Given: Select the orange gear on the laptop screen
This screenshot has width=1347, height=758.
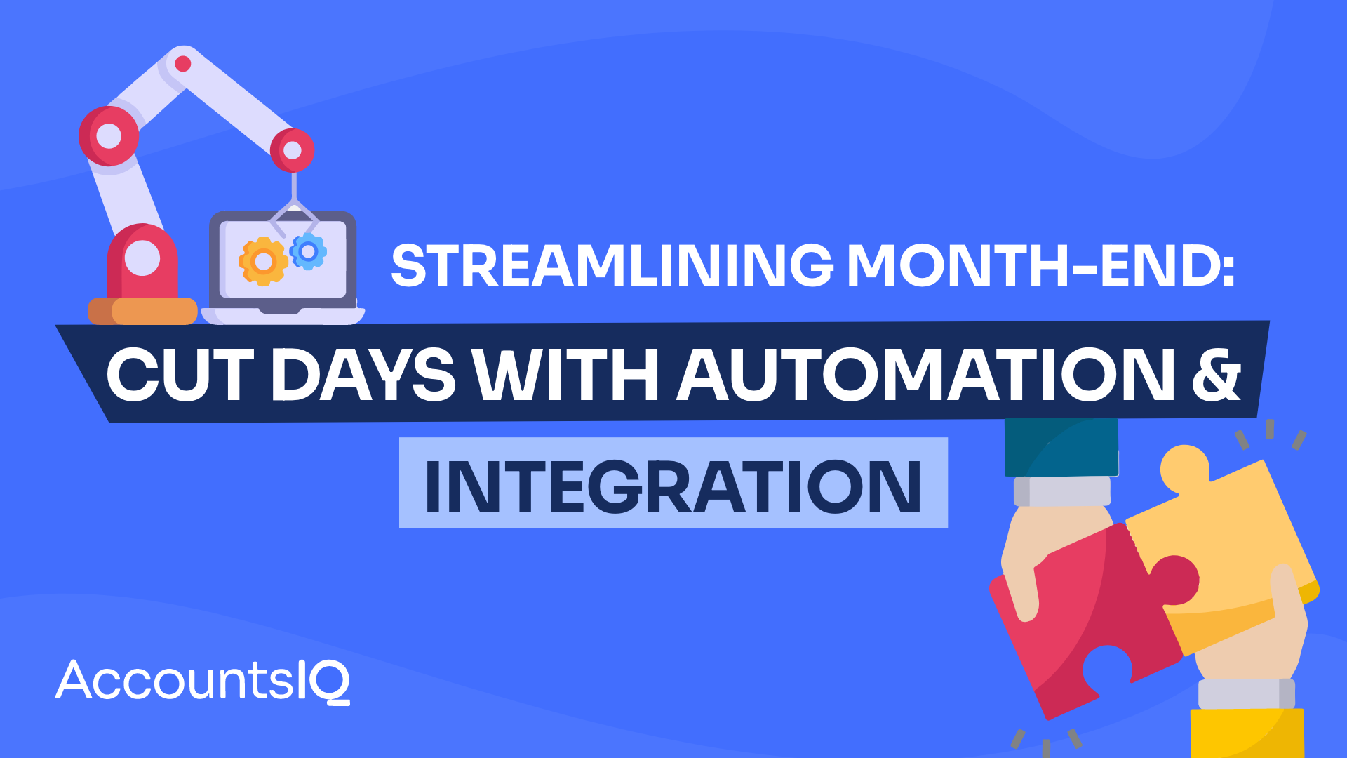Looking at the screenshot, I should click(x=263, y=261).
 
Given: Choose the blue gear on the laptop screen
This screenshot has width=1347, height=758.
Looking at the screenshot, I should click(x=308, y=251).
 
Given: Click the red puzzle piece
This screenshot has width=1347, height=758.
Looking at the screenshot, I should click(x=1080, y=618).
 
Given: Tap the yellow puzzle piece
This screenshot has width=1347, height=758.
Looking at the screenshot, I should click(x=1228, y=540).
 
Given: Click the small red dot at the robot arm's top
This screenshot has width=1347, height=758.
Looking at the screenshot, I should click(x=183, y=64).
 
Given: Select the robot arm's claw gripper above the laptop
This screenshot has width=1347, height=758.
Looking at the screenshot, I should click(x=295, y=211).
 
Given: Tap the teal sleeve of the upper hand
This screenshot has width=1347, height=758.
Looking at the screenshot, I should click(x=1061, y=447).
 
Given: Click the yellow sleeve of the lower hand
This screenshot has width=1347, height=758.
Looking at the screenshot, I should click(x=1247, y=733).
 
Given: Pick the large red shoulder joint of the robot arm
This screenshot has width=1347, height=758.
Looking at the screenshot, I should click(x=109, y=136).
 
